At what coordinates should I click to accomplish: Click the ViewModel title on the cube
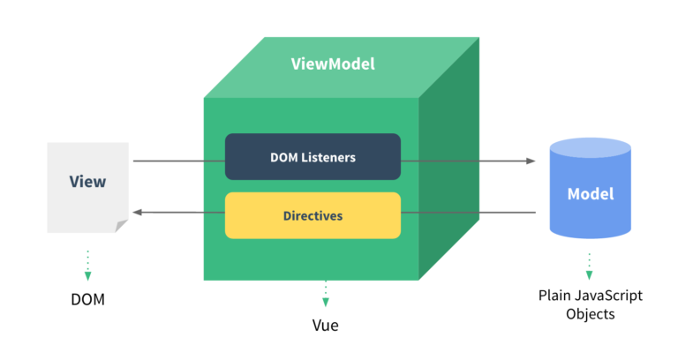333,64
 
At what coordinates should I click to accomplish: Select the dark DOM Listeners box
313,157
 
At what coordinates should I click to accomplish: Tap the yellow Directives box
313,215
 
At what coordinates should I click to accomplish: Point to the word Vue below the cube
325,325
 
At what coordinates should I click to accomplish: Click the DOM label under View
87,299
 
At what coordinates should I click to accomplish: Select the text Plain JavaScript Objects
590,304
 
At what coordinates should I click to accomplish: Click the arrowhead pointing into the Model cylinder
531,161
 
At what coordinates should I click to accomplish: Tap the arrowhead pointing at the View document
138,213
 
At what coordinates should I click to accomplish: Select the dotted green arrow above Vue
325,292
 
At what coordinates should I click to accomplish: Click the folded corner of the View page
121,226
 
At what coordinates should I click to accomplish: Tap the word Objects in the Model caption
590,313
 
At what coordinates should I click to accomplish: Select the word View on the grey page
87,182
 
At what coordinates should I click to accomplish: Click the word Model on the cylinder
590,193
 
